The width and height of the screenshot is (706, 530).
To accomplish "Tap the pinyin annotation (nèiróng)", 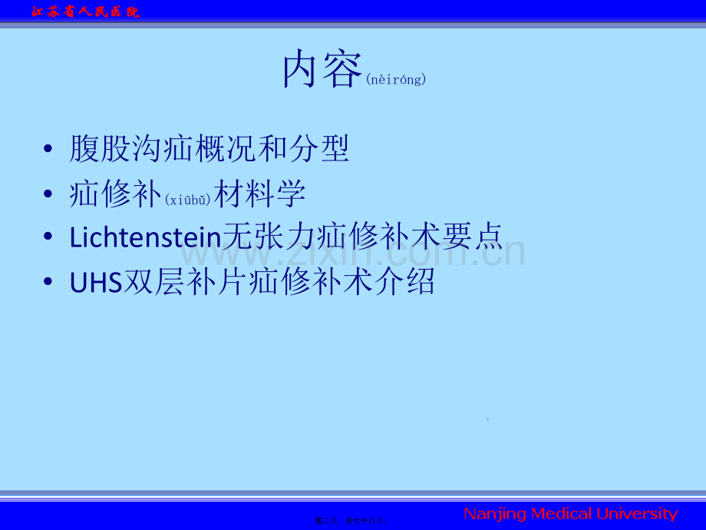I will [396, 79].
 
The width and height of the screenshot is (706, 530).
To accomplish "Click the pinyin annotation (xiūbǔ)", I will [188, 200].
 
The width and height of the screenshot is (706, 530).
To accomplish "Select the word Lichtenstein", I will [145, 237].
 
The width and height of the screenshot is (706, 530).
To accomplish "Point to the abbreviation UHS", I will [96, 282].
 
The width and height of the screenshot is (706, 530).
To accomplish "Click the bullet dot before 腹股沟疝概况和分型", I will [49, 149].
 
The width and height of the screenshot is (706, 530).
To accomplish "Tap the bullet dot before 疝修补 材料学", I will [49, 194].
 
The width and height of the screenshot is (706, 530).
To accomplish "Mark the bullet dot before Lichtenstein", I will [49, 238].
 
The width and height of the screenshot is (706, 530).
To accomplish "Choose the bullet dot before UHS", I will [49, 283].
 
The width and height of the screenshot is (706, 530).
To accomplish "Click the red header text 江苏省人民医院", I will [84, 12].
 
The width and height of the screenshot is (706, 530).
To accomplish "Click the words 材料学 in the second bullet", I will [260, 194].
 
